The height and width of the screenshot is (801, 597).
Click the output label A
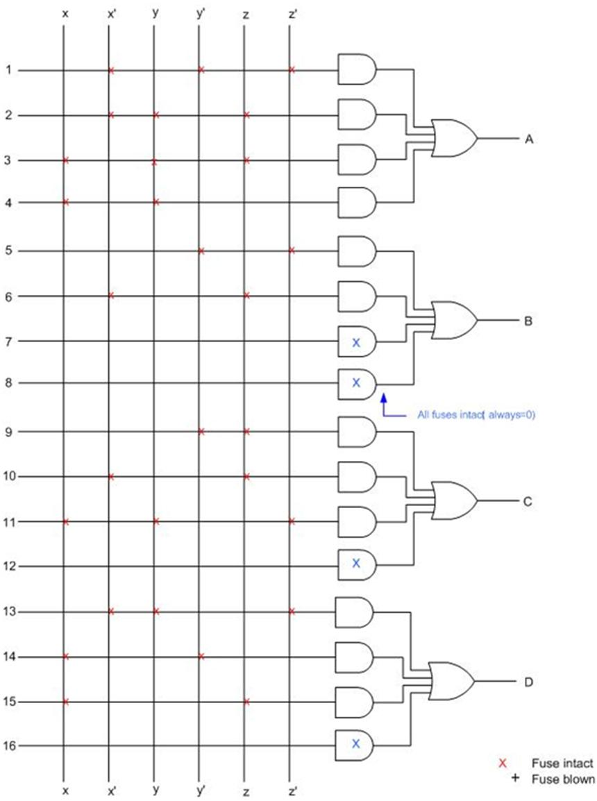[x=528, y=140]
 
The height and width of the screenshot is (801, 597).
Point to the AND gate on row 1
[x=356, y=70]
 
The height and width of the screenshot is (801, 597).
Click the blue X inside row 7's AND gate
[x=356, y=342]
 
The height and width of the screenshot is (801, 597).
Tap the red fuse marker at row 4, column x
[x=66, y=202]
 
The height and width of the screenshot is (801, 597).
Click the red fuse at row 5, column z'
[x=292, y=251]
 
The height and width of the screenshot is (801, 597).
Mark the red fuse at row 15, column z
[x=246, y=702]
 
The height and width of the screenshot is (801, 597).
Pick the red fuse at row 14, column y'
[x=201, y=656]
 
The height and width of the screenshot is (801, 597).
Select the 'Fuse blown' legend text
[x=563, y=779]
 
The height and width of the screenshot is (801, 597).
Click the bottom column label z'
[x=292, y=791]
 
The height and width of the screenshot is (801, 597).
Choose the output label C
[x=528, y=501]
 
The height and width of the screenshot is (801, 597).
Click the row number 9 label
[x=8, y=432]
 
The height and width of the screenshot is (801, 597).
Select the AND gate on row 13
[x=354, y=612]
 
